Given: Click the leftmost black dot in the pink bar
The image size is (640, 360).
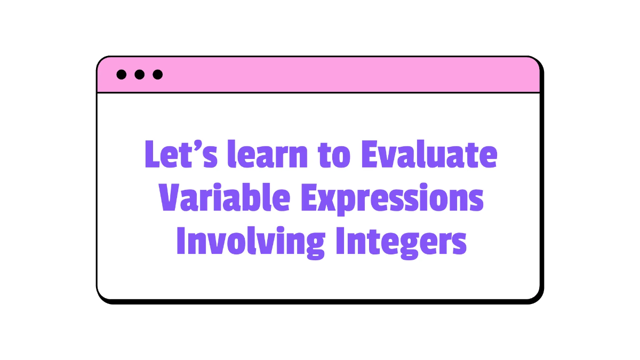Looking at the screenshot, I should click(122, 75).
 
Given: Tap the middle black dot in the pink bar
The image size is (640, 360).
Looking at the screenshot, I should click(140, 75).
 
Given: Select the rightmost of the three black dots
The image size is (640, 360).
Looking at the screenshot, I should click(157, 75).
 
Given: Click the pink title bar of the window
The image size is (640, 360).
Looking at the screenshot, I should click(347, 75).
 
